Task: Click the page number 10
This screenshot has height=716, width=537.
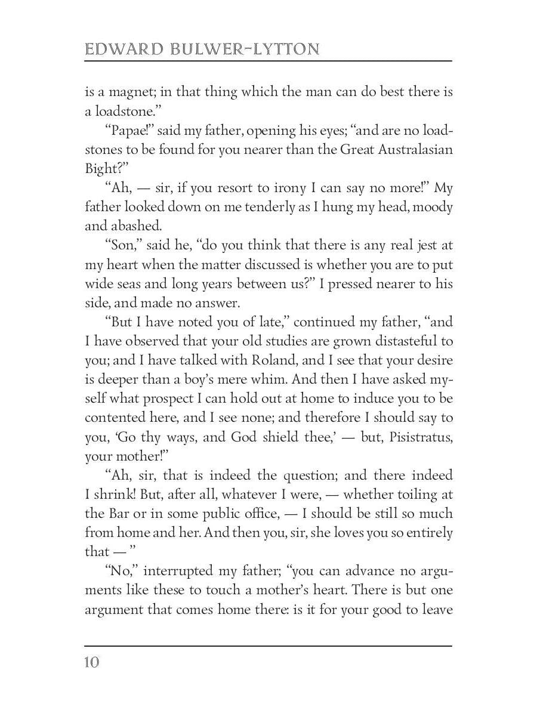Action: tap(92, 662)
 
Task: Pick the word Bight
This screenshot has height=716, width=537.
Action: tap(103, 169)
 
